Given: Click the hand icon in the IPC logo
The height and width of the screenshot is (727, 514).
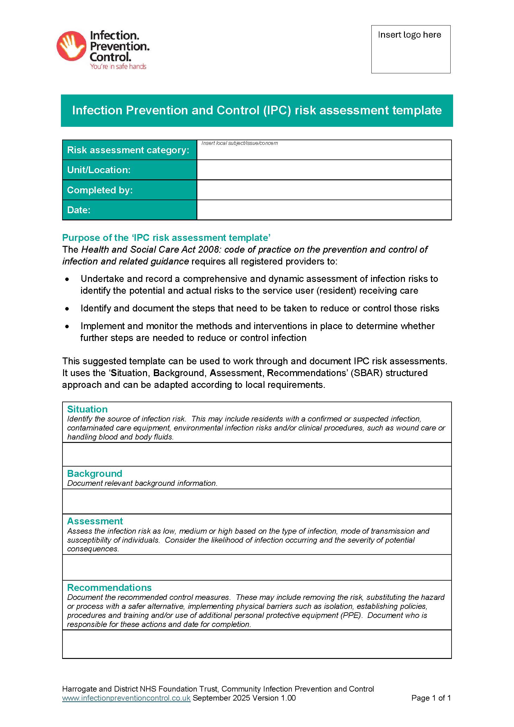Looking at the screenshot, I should (71, 46).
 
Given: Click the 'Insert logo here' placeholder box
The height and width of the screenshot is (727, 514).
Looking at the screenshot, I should (411, 49).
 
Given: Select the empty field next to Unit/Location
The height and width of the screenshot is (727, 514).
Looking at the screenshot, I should (324, 170).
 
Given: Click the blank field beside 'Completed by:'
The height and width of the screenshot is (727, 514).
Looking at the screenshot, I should (324, 190).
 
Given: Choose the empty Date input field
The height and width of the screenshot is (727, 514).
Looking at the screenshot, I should (324, 209).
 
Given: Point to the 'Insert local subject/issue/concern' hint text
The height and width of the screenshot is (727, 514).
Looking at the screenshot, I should (240, 143).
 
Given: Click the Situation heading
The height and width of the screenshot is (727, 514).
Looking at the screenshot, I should (87, 409).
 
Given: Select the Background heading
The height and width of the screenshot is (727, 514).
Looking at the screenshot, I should (95, 473).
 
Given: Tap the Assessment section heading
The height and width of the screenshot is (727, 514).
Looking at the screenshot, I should (95, 521).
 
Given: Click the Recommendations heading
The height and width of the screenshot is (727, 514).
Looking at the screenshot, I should (109, 587).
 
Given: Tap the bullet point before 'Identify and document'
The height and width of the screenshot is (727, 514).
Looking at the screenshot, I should (67, 308).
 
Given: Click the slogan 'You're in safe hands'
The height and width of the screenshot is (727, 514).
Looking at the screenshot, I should (118, 67).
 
